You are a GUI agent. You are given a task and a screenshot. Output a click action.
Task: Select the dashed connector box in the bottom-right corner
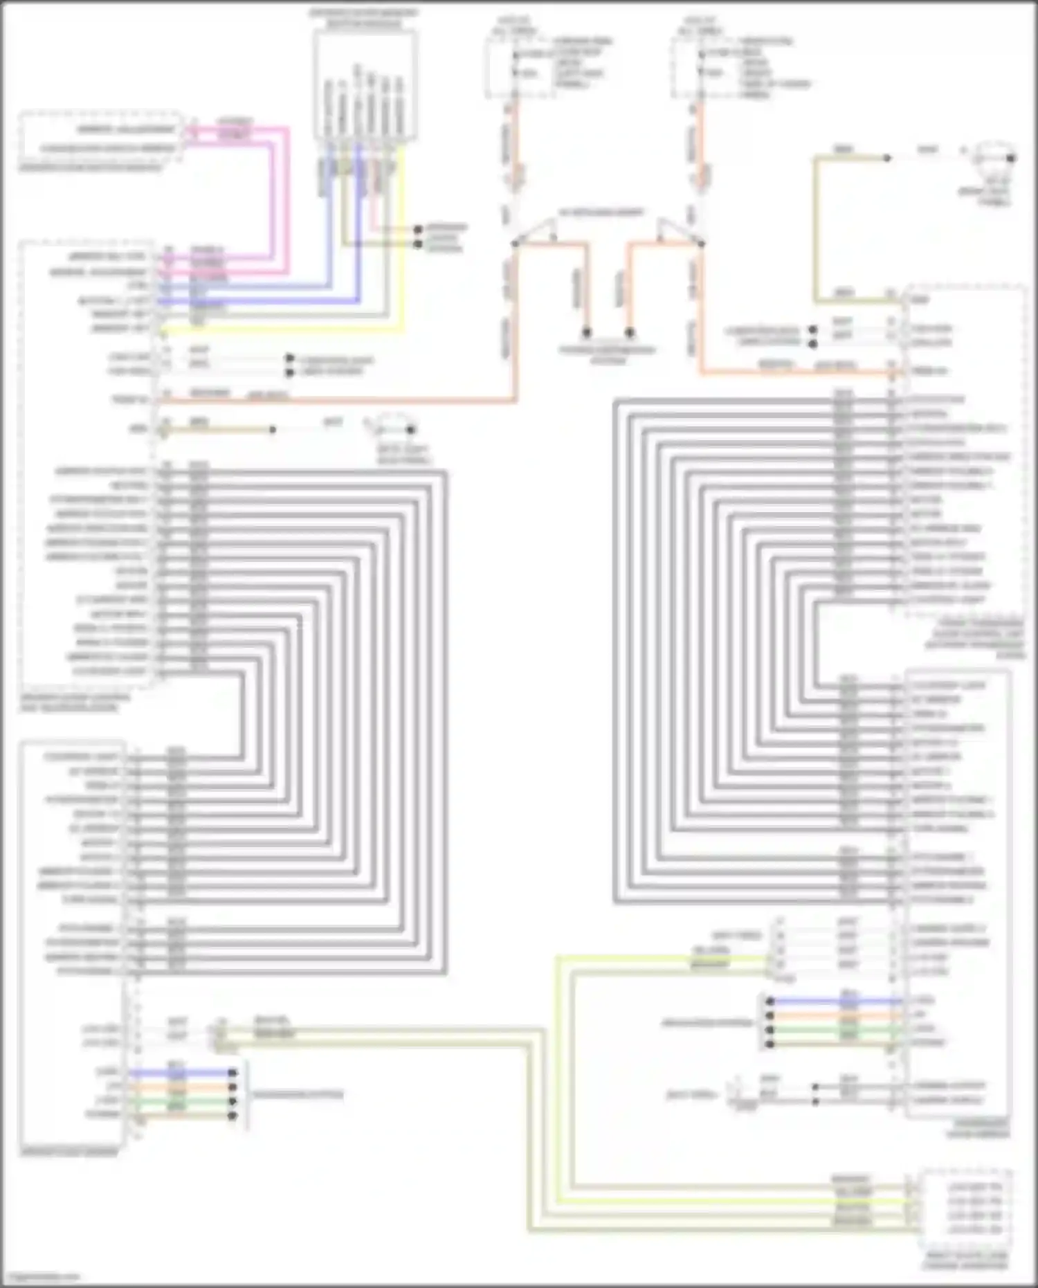pyautogui.click(x=966, y=1208)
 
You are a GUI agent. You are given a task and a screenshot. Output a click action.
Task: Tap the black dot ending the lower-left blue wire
pyautogui.click(x=233, y=1073)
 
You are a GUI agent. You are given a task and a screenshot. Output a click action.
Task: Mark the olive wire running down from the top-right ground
pyautogui.click(x=817, y=228)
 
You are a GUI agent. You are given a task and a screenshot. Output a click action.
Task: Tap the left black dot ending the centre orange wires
pyautogui.click(x=587, y=333)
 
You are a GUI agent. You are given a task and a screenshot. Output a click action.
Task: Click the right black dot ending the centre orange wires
pyautogui.click(x=629, y=333)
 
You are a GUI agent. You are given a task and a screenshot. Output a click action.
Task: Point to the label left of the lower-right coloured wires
pyautogui.click(x=706, y=1022)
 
